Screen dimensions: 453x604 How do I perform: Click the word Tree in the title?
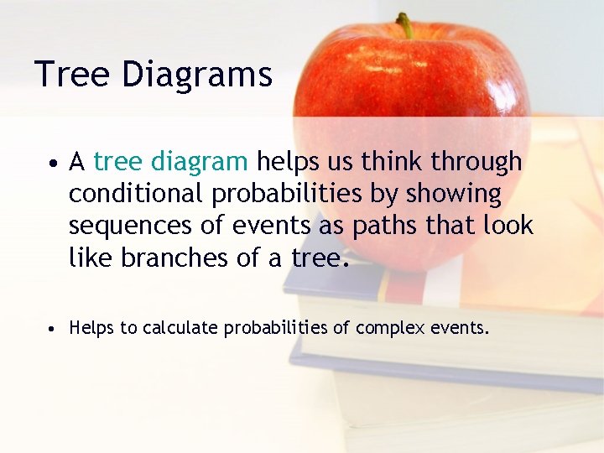(73, 74)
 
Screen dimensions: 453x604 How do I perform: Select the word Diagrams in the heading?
(196, 75)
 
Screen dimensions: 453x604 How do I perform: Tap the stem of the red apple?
(406, 25)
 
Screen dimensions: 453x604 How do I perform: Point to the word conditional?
(137, 194)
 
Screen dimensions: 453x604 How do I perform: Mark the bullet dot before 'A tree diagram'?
(52, 163)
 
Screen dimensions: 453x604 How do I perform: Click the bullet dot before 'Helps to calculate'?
(52, 329)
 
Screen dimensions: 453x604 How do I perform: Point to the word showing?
(453, 194)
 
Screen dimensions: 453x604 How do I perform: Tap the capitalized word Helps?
(91, 328)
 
